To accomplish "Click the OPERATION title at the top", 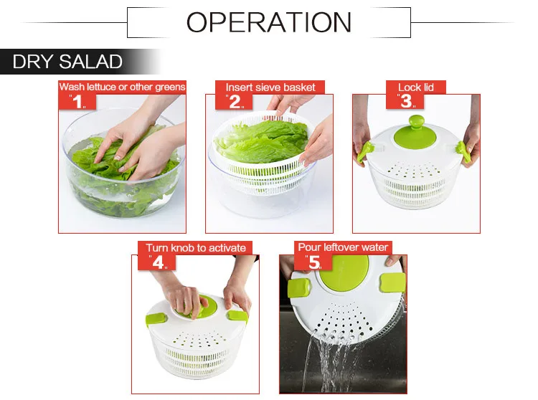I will (x=269, y=22).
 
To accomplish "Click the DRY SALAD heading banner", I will (x=67, y=62).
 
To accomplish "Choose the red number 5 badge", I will (x=313, y=262).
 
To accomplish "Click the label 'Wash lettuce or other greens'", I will (x=122, y=87).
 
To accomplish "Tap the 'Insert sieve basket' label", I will (x=270, y=87).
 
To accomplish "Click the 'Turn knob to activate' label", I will (x=196, y=248).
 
